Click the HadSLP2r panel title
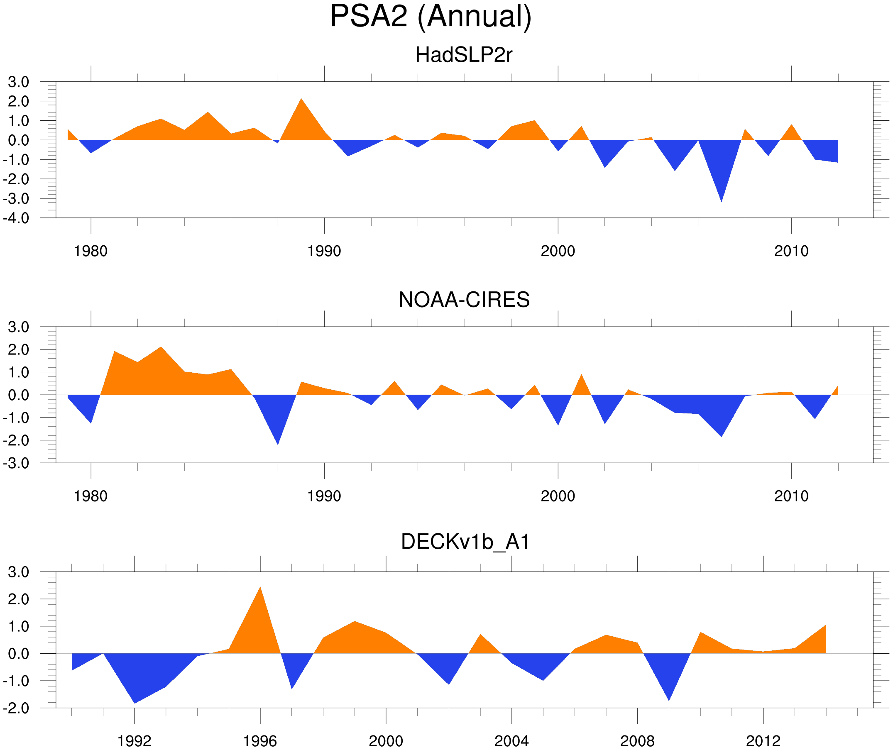click(463, 55)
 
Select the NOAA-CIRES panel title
click(464, 300)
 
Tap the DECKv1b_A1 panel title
click(465, 542)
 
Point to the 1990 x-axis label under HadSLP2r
click(324, 251)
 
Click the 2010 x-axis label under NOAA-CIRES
click(791, 496)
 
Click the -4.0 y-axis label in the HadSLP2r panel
click(16, 219)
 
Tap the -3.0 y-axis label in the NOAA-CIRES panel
click(16, 464)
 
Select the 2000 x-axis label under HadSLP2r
click(558, 251)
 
